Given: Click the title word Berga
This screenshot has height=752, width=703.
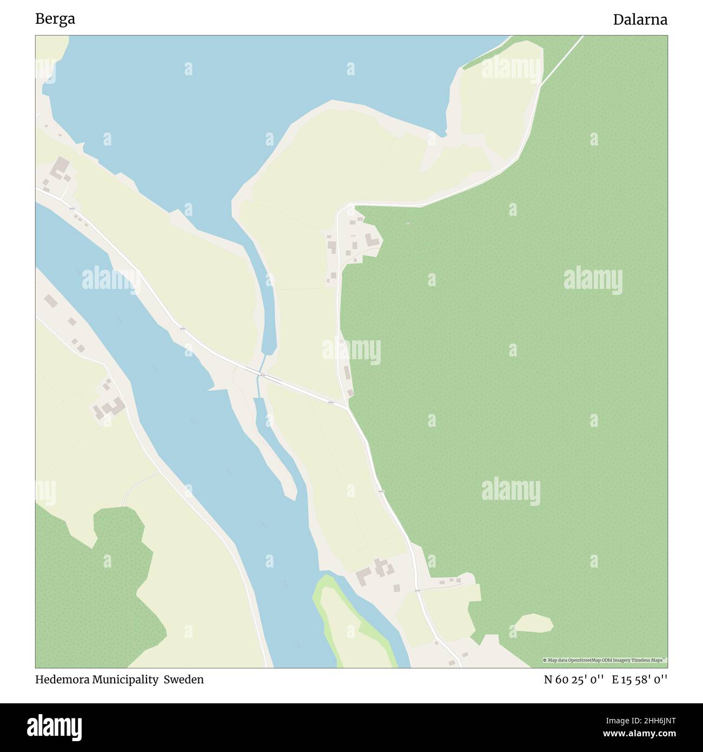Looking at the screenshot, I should click(55, 19).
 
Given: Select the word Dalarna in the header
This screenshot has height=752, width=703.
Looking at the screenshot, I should click(640, 20).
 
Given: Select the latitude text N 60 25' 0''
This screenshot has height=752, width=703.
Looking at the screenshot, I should click(574, 680).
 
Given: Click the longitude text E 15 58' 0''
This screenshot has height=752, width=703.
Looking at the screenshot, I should click(640, 680).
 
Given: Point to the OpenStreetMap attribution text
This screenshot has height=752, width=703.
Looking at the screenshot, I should click(605, 660).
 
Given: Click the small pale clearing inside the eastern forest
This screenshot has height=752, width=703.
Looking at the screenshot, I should click(534, 623).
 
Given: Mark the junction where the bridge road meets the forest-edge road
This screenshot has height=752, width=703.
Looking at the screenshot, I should click(347, 406).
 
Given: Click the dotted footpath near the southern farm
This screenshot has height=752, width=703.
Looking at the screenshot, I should click(441, 587).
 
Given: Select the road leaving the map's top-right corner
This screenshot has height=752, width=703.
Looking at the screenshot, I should click(562, 60).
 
